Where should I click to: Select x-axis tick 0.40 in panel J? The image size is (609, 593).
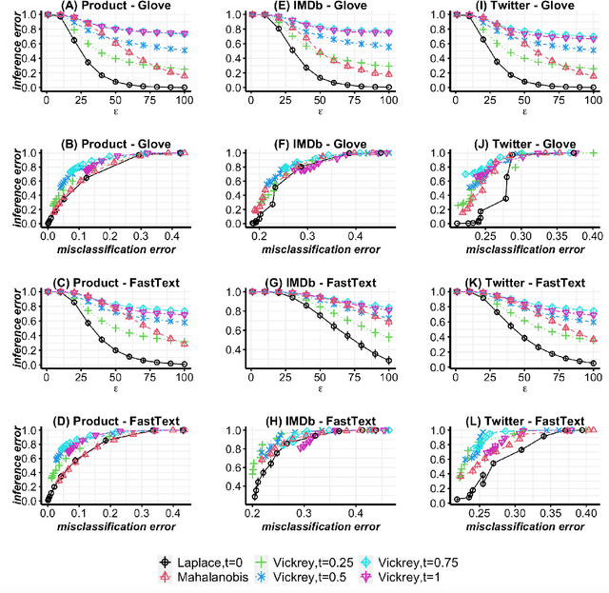[x=591, y=237]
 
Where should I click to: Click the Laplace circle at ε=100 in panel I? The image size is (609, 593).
[x=592, y=88]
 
